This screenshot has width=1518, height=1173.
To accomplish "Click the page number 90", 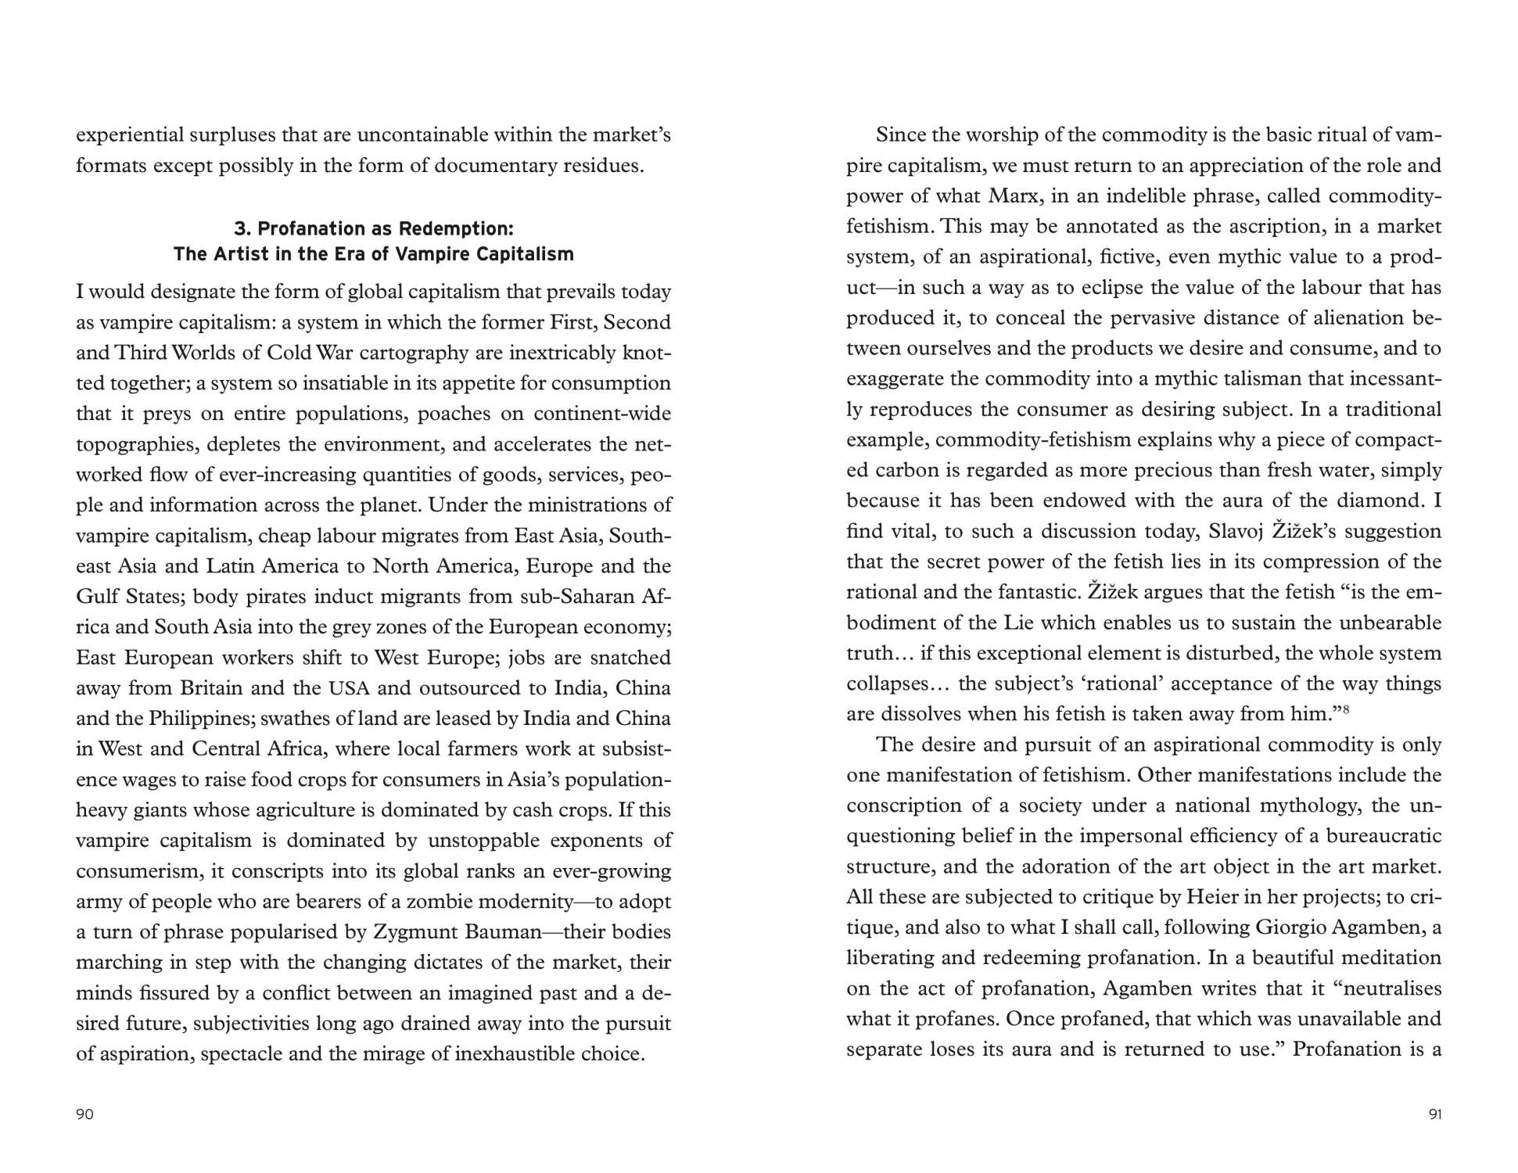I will pos(84,1114).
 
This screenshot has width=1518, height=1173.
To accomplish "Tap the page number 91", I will pos(1434,1114).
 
